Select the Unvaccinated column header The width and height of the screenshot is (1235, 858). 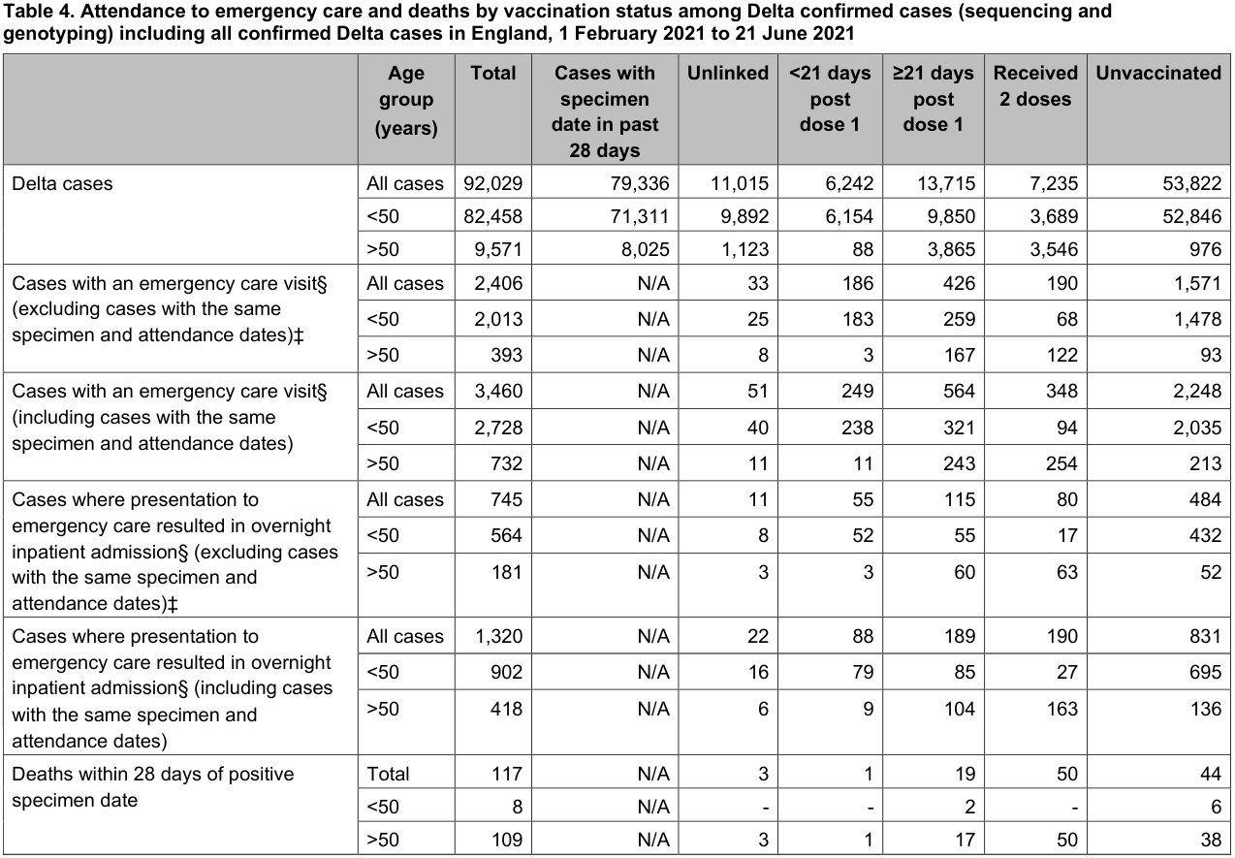point(1158,74)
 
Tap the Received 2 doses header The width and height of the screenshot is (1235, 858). point(1035,86)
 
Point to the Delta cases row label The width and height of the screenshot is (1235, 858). point(62,183)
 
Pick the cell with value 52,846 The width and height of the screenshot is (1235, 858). point(1191,216)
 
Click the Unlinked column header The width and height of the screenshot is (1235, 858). point(728,74)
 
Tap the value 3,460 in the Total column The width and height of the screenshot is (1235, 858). point(498,392)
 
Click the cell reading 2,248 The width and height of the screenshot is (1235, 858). point(1197,392)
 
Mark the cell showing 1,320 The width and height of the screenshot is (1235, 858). point(498,637)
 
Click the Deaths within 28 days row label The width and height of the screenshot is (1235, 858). point(153,787)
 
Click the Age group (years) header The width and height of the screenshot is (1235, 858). point(406,100)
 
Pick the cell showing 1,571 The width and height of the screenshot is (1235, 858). point(1197,284)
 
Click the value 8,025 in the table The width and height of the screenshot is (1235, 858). point(644,249)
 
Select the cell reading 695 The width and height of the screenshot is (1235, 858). point(1205,673)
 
